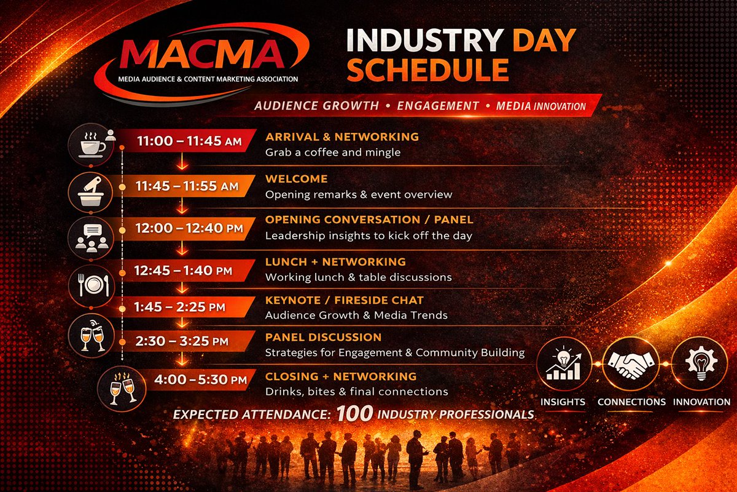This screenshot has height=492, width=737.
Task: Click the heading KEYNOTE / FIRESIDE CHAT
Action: [344, 300]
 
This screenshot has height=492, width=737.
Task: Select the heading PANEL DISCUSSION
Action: [323, 337]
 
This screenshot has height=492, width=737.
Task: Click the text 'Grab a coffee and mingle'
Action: [332, 152]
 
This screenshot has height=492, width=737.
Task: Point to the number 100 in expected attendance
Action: [354, 413]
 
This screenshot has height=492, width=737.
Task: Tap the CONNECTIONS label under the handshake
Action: [631, 402]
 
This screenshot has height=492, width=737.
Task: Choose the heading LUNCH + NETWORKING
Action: [335, 262]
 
